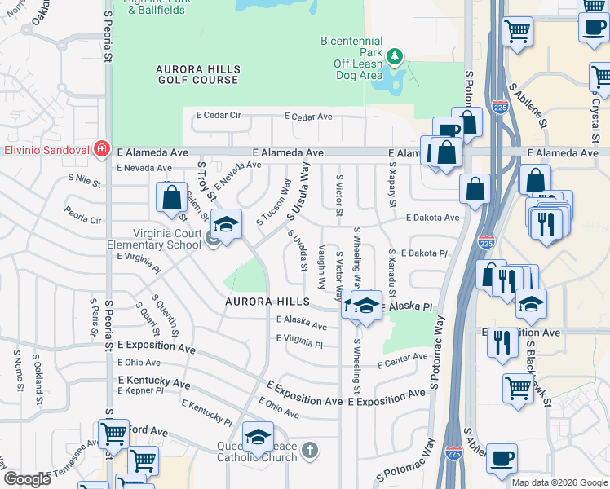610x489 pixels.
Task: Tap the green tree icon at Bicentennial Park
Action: pos(396,55)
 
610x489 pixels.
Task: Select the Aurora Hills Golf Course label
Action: pos(197,75)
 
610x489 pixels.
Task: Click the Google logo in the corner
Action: pos(27,479)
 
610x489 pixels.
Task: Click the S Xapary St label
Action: pos(392,190)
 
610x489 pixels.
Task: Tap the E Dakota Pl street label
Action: pos(424,253)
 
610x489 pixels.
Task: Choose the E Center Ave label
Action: pos(403,359)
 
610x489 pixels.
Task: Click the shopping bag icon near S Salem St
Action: pos(171,197)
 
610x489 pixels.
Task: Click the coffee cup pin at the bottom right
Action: pos(502,457)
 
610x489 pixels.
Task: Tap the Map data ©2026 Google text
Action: pos(559,482)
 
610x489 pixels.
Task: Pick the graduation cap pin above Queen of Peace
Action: pos(258,438)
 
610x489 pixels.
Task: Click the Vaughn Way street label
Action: pos(322,266)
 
